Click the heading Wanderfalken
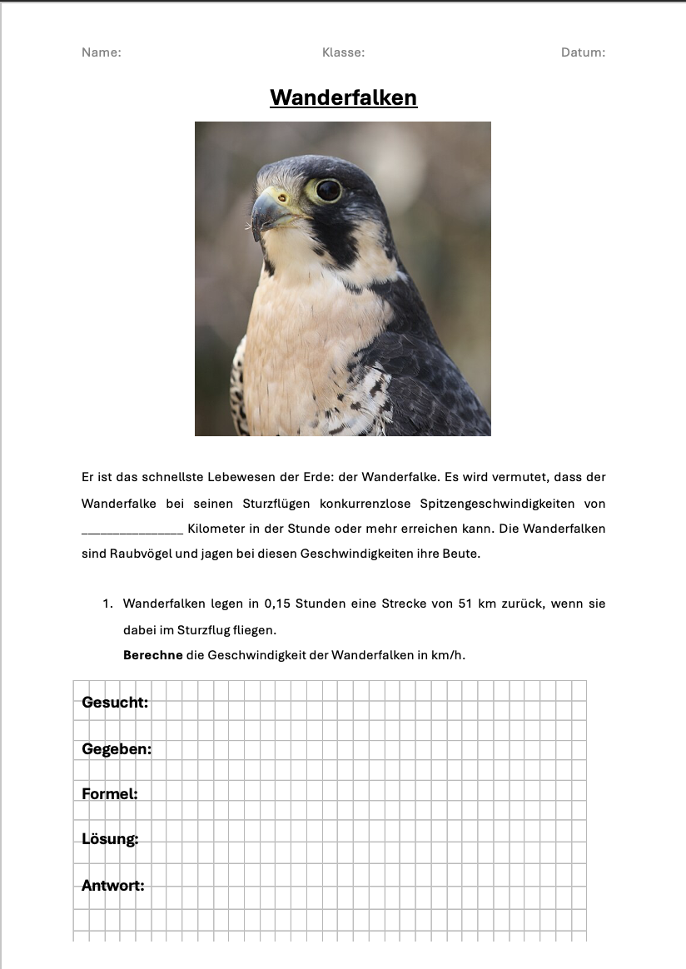click(x=343, y=98)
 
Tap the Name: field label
click(x=102, y=52)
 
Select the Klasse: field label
click(x=343, y=52)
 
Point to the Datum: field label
click(x=583, y=52)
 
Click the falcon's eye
click(x=327, y=190)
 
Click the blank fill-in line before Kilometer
click(x=132, y=529)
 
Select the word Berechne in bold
click(x=153, y=655)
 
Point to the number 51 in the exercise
click(x=466, y=604)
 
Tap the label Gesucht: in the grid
click(x=115, y=703)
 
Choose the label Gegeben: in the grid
click(x=117, y=749)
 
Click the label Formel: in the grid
click(x=110, y=794)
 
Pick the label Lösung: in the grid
click(x=110, y=839)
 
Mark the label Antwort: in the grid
click(x=113, y=886)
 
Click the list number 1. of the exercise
click(x=107, y=604)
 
